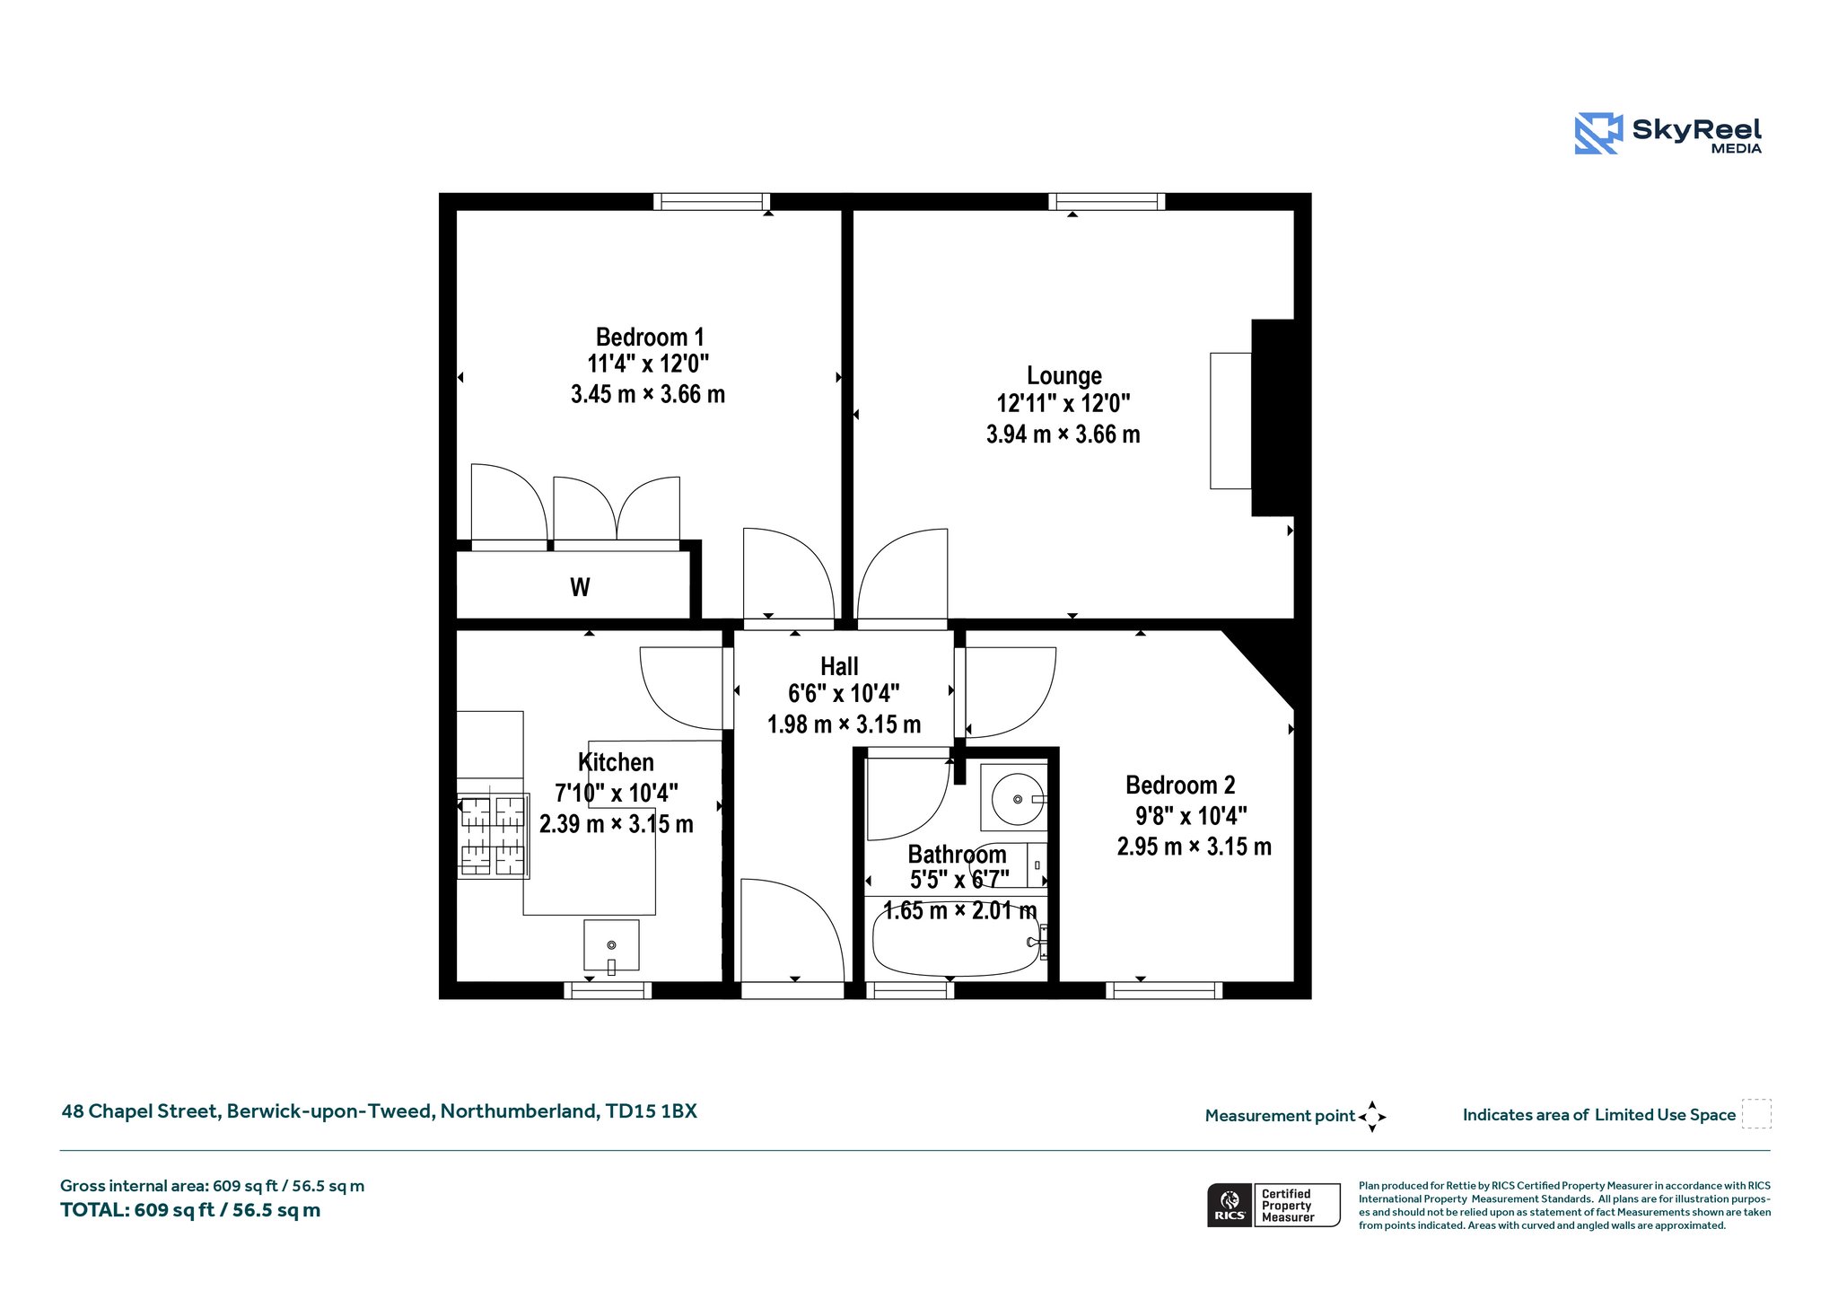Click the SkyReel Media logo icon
(1598, 133)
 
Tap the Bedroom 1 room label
(650, 337)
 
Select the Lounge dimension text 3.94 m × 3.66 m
(1063, 434)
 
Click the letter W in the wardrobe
(580, 587)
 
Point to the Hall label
(839, 666)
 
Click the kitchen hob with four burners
(493, 836)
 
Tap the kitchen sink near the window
(611, 945)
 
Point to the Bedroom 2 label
(1180, 786)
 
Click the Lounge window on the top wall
(1107, 201)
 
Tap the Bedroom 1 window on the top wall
(712, 201)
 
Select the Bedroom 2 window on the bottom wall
(1164, 990)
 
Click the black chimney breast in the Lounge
(1273, 417)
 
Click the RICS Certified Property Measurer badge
(1273, 1205)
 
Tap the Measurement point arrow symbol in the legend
(1372, 1117)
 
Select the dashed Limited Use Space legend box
(1756, 1114)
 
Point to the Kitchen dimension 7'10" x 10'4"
(617, 793)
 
